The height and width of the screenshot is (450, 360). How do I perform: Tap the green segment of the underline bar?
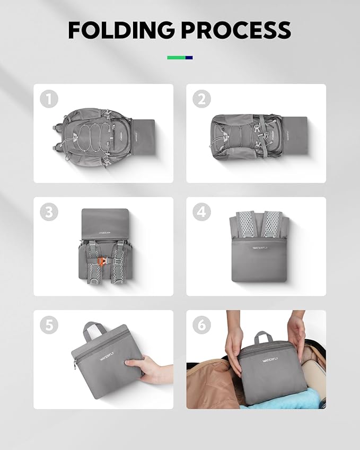pos(176,57)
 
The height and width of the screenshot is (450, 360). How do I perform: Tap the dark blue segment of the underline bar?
pos(189,57)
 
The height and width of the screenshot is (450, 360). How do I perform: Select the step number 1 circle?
pos(50,99)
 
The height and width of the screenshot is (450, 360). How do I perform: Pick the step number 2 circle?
pos(201,99)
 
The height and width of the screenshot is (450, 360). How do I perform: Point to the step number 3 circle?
pos(50,212)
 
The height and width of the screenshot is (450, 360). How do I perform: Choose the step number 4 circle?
pos(201,212)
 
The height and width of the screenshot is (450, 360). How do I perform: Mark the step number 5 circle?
pos(50,325)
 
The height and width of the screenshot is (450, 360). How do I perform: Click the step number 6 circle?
pos(201,325)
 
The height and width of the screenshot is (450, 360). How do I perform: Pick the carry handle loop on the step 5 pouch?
pos(94,331)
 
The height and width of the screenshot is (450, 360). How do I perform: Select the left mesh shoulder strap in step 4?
pos(244,225)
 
